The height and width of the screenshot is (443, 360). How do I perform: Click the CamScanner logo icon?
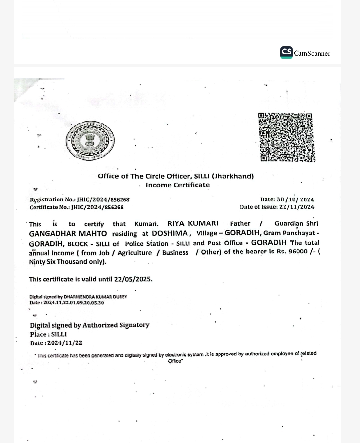(x=286, y=52)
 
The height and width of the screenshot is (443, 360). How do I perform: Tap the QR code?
(x=286, y=137)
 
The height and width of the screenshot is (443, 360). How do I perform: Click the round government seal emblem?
(x=90, y=140)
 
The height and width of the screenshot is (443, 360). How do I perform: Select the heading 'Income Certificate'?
(x=178, y=185)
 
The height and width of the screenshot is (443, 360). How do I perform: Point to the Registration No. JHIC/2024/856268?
(x=103, y=200)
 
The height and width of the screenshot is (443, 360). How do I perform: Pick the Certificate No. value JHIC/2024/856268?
(x=97, y=207)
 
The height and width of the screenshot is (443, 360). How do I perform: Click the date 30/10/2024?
(x=295, y=200)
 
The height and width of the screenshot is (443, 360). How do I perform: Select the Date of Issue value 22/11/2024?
(x=297, y=207)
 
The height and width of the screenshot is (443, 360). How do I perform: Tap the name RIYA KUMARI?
(x=193, y=223)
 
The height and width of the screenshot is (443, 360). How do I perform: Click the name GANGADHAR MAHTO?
(x=68, y=234)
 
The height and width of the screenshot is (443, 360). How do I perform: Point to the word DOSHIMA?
(x=170, y=233)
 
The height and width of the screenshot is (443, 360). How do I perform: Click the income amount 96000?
(x=298, y=251)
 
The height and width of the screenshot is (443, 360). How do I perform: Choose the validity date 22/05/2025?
(x=133, y=279)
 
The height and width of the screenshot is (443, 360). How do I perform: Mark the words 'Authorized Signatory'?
(x=116, y=325)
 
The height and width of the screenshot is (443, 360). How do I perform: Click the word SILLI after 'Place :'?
(x=59, y=334)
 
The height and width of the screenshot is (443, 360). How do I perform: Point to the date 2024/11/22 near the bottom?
(x=65, y=343)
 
